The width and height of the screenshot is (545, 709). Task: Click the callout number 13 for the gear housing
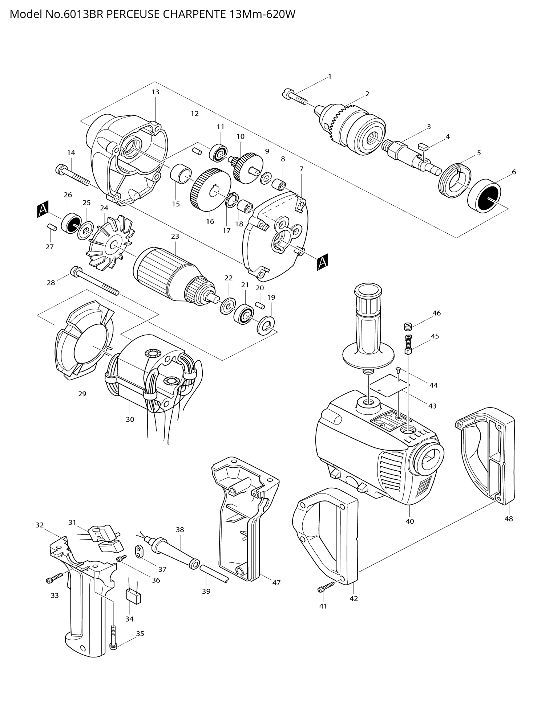[x=155, y=92]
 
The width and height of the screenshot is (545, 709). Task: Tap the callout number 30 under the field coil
[x=130, y=419]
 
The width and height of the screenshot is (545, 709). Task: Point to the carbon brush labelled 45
[x=408, y=345]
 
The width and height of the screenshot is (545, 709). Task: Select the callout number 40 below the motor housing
[x=409, y=521]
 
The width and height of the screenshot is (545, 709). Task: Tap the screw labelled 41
[x=327, y=587]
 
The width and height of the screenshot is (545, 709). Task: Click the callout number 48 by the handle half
[x=508, y=519]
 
